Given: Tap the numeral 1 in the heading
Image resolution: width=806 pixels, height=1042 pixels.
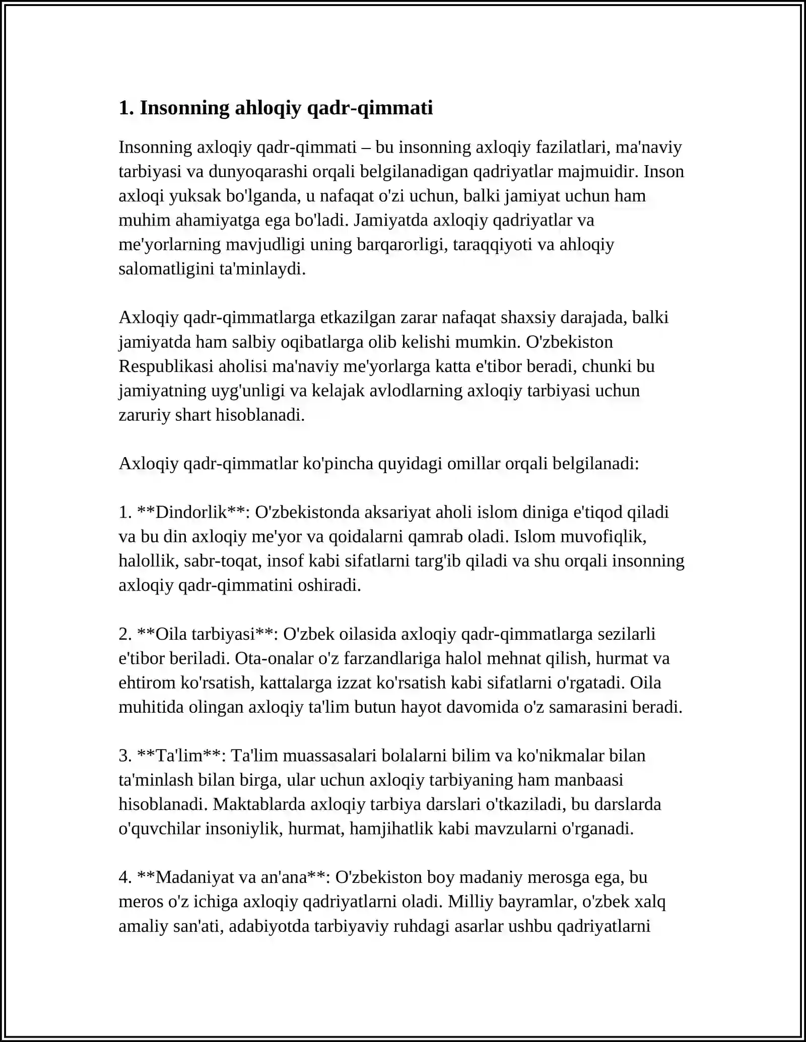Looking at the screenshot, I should tap(123, 108).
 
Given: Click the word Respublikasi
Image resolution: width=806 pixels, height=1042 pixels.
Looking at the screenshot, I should tap(166, 366).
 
